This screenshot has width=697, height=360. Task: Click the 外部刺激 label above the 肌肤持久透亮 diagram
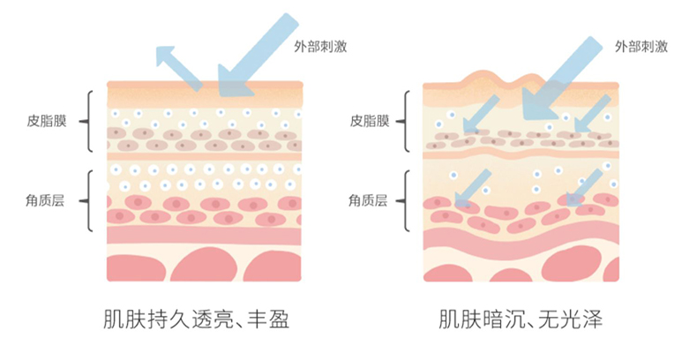point(319,46)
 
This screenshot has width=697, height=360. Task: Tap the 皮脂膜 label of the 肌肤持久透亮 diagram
point(45,121)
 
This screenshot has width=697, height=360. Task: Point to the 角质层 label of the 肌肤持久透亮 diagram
point(45,200)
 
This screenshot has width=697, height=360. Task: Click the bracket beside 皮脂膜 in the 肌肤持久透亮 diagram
point(88,121)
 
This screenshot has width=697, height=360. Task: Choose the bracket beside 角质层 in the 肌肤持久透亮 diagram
point(88,200)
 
